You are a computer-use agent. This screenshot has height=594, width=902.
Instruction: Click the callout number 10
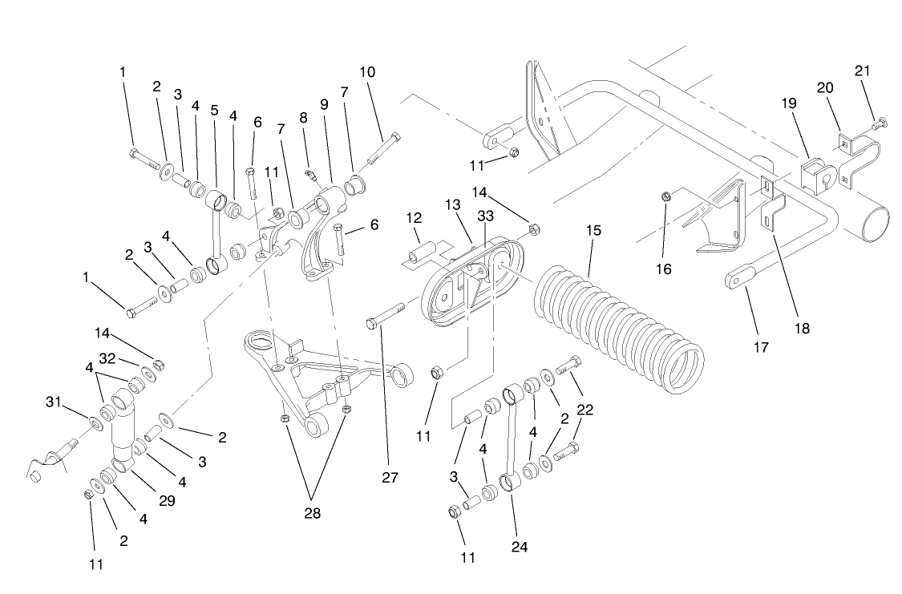[x=367, y=72]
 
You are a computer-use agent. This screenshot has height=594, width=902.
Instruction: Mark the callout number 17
[x=761, y=347]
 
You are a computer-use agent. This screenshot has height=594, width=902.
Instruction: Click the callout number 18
[x=801, y=328]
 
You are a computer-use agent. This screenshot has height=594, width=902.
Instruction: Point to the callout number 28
[x=312, y=513]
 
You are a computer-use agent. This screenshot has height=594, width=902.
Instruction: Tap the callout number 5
[x=214, y=111]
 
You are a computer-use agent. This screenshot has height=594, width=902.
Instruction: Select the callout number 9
[x=325, y=104]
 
